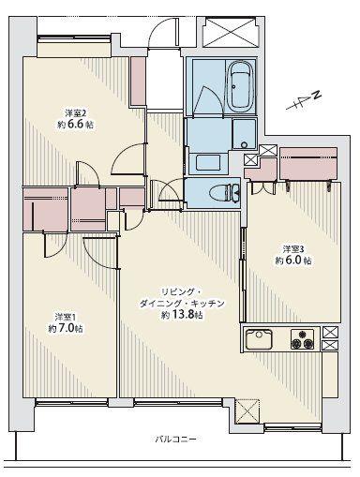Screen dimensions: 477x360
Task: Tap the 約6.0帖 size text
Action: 294,261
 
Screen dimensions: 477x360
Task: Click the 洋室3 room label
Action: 294,248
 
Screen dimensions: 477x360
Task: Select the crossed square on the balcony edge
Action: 247,410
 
